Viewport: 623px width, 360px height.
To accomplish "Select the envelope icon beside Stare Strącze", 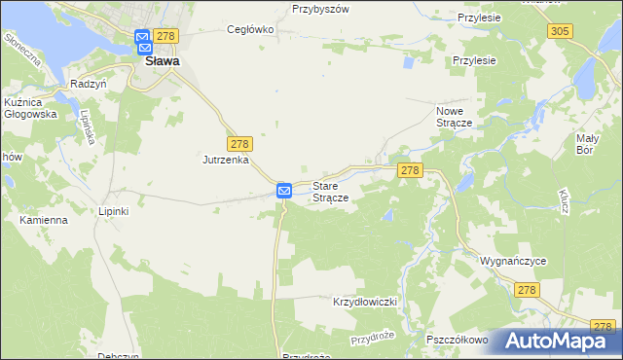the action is (284, 191).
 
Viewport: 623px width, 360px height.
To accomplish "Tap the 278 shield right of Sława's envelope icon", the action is (166, 36).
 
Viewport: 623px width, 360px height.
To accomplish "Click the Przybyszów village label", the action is (320, 9).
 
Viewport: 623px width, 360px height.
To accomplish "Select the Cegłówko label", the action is (250, 29).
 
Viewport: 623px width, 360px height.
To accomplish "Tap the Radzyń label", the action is (88, 85).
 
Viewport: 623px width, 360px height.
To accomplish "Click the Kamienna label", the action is (44, 220).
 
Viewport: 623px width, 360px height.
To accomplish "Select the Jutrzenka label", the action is (227, 159).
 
